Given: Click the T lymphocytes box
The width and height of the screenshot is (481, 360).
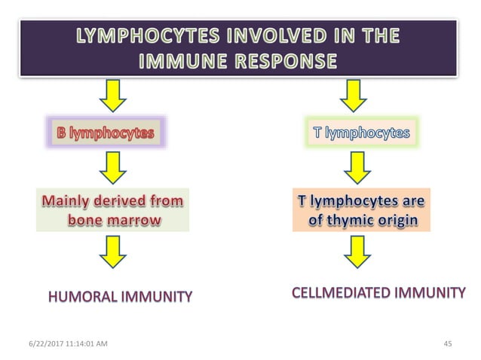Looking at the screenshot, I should [x=361, y=133].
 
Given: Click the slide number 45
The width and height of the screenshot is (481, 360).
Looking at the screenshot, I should [x=448, y=344].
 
